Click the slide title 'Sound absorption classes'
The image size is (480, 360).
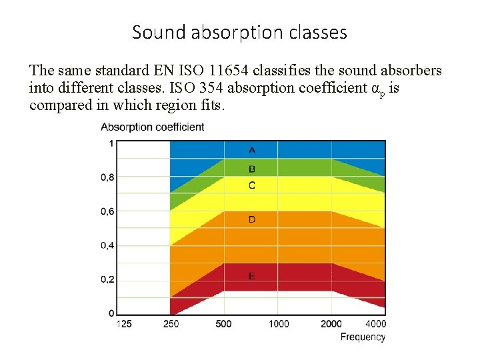pyautogui.click(x=239, y=32)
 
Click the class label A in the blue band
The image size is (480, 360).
pyautogui.click(x=251, y=150)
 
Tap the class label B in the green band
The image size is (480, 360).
pyautogui.click(x=251, y=169)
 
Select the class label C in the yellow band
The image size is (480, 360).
pyautogui.click(x=251, y=185)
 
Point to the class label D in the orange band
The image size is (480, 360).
pyautogui.click(x=251, y=219)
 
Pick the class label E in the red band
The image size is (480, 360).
pyautogui.click(x=251, y=276)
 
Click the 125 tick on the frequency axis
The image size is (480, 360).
pyautogui.click(x=123, y=324)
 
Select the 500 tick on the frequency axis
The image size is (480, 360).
pyautogui.click(x=224, y=324)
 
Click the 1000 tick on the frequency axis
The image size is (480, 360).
pyautogui.click(x=279, y=324)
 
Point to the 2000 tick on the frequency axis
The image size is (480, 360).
pyautogui.click(x=331, y=324)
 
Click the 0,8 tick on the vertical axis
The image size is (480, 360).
pyautogui.click(x=107, y=177)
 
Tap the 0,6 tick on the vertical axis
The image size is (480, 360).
pyautogui.click(x=107, y=211)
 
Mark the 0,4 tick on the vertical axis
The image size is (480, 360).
pyautogui.click(x=107, y=245)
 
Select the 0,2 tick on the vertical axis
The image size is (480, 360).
pyautogui.click(x=107, y=279)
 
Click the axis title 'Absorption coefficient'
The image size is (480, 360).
pyautogui.click(x=152, y=127)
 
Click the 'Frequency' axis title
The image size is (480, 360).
pyautogui.click(x=363, y=337)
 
